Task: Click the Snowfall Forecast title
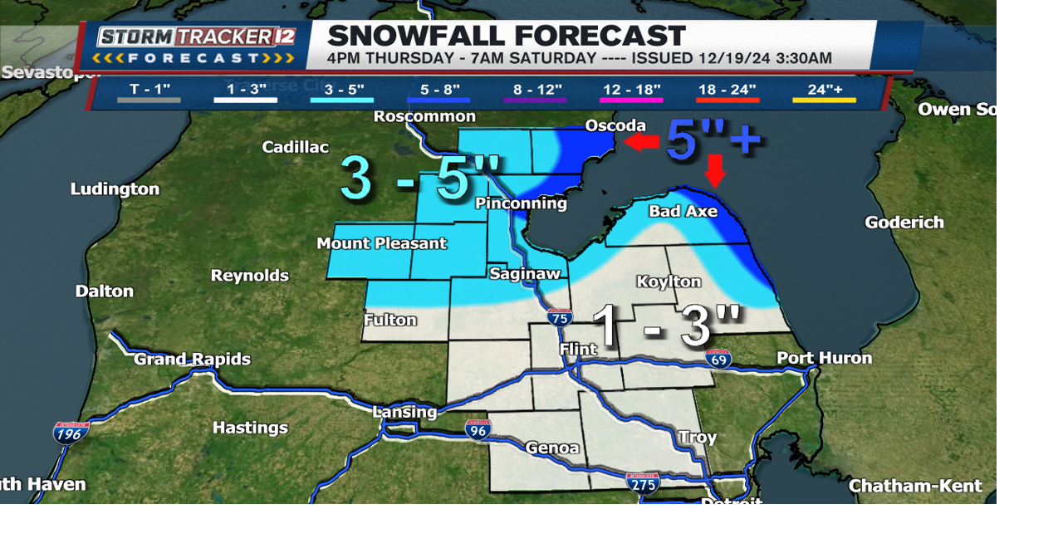click(507, 36)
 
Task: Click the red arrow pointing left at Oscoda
click(640, 143)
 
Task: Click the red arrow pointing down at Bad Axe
click(715, 171)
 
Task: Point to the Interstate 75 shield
click(559, 316)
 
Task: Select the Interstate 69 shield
click(718, 359)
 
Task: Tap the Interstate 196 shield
click(71, 433)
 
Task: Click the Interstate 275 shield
click(643, 482)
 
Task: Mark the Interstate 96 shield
click(478, 428)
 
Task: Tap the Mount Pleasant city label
click(381, 243)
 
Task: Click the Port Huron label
click(824, 358)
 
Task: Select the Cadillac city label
click(295, 147)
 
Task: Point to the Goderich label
click(904, 223)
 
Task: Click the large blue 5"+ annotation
click(713, 139)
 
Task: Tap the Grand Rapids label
click(192, 360)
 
